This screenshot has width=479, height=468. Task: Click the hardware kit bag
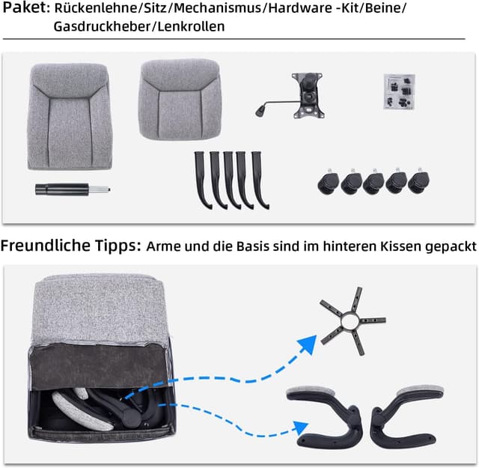pyautogui.click(x=399, y=92)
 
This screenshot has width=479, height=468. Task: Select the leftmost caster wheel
pyautogui.click(x=329, y=182)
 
